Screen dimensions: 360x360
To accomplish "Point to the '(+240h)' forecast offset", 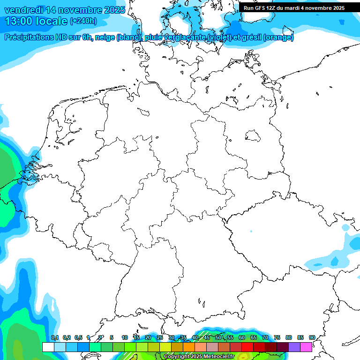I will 83,21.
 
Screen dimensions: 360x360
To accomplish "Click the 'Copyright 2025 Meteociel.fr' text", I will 199,357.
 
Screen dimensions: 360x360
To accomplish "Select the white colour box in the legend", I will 48,347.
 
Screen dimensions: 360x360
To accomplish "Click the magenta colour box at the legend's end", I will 306,347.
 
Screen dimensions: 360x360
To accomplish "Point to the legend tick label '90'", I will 312,337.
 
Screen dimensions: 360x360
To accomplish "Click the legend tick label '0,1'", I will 55,337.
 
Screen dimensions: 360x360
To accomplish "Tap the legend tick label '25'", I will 160,337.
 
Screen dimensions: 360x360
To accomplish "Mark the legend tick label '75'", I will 277,337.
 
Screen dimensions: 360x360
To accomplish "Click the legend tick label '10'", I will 125,337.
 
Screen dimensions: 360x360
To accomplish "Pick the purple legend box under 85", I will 294,347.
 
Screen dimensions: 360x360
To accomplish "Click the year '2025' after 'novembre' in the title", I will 114,10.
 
